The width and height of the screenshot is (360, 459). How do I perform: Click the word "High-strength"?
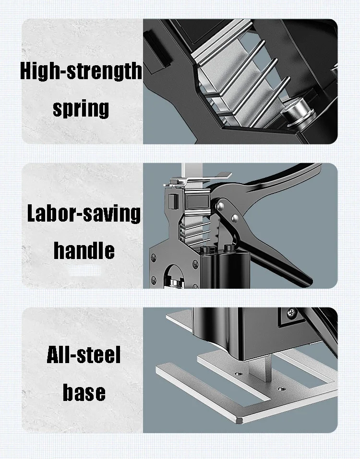81,71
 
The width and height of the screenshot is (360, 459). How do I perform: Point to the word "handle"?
84,250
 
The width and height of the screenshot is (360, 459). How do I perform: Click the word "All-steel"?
84,356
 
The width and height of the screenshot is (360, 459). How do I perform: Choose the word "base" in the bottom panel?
84,392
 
